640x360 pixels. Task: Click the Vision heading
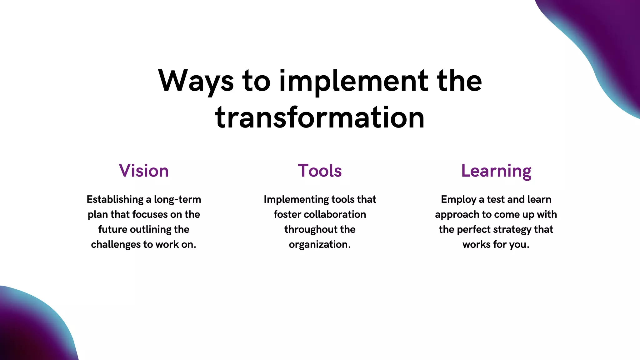point(144,171)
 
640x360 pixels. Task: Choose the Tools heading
point(320,171)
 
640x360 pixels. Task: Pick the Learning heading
point(496,171)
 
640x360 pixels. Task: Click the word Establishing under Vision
point(115,199)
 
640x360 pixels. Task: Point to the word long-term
point(177,199)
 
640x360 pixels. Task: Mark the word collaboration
point(335,214)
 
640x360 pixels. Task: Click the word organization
point(319,244)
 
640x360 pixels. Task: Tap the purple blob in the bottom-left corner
point(28,331)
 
